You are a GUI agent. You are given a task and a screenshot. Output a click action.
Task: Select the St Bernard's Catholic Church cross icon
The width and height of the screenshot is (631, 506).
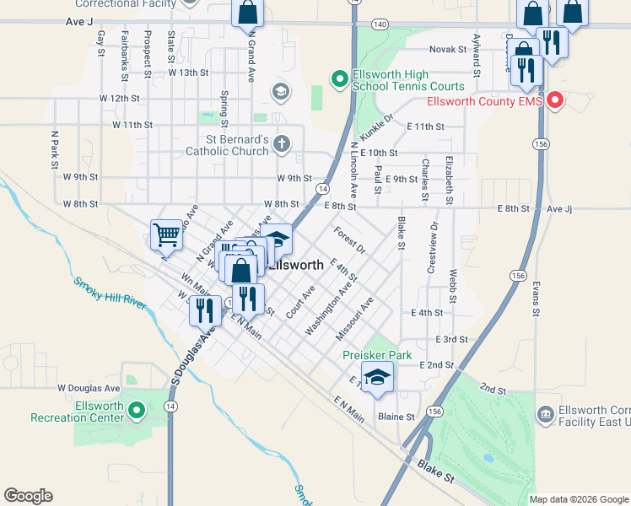282,144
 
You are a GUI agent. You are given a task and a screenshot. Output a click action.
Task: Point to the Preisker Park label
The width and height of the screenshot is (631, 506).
377,355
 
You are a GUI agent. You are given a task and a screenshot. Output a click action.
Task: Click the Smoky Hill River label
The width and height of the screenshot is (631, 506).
109,293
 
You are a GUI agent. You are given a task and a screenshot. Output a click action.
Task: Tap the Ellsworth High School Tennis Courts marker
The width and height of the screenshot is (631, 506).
340,79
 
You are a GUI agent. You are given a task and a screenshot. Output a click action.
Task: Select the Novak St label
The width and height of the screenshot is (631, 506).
448,50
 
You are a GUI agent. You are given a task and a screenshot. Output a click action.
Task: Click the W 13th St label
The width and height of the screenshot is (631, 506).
187,73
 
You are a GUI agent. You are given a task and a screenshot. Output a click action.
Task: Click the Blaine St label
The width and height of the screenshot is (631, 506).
396,417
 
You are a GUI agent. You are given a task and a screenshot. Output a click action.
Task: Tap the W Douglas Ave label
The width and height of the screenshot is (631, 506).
89,388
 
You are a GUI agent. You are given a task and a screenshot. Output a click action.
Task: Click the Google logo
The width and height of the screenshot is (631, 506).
28,496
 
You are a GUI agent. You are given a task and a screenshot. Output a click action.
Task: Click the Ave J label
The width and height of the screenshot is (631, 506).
78,23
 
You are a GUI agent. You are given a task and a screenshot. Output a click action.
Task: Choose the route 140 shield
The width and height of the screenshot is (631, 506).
380,24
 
